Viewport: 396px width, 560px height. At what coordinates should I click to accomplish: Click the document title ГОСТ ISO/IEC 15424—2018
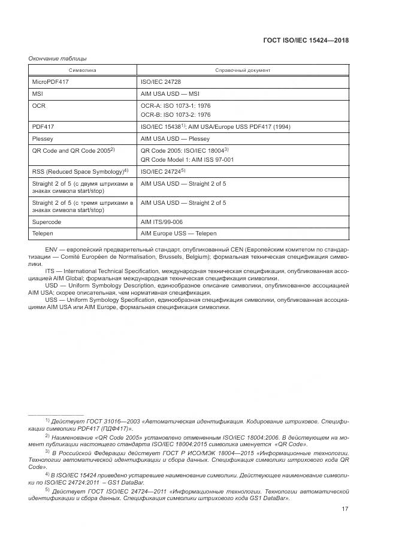pyautogui.click(x=306, y=41)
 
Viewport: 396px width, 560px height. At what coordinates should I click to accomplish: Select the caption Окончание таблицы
pyautogui.click(x=58, y=58)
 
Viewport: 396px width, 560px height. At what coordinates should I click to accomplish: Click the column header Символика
pyautogui.click(x=82, y=70)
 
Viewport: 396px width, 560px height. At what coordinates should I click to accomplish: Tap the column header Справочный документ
pyautogui.click(x=243, y=70)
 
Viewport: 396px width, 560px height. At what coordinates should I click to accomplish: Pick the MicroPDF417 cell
pyautogui.click(x=50, y=81)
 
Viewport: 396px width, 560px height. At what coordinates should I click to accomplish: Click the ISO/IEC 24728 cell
pyautogui.click(x=161, y=81)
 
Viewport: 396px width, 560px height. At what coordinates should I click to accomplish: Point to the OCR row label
pyautogui.click(x=38, y=105)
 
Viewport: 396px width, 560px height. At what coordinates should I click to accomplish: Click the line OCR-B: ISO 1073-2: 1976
pyautogui.click(x=175, y=114)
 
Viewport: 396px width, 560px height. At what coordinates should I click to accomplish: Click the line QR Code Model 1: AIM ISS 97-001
pyautogui.click(x=187, y=160)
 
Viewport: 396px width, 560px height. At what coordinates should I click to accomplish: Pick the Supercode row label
pyautogui.click(x=46, y=222)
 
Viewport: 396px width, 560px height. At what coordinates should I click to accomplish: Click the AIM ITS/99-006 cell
pyautogui.click(x=162, y=222)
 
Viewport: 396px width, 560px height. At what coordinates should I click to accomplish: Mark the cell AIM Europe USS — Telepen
pyautogui.click(x=179, y=233)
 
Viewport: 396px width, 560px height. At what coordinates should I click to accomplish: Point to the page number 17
pyautogui.click(x=344, y=510)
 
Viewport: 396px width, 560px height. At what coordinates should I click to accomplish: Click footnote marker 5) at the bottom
pyautogui.click(x=47, y=489)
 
